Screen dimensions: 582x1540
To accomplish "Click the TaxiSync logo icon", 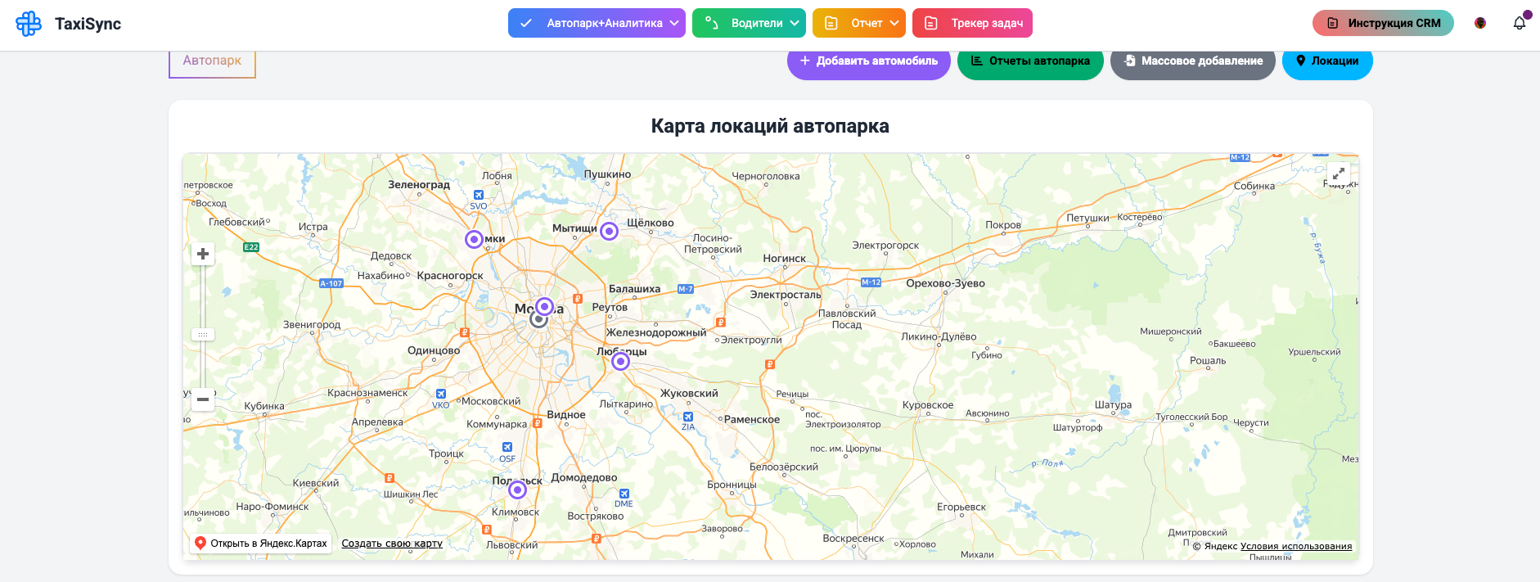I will [29, 24].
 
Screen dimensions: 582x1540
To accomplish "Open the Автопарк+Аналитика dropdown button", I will [597, 23].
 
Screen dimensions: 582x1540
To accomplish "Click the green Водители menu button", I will [749, 23].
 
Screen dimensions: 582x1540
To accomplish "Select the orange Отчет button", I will [858, 23].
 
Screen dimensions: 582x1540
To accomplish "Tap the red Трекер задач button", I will [972, 23].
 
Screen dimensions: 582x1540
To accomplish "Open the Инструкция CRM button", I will [1383, 23].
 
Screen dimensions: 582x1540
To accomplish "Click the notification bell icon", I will [1520, 23].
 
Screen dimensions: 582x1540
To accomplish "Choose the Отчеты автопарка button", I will [1030, 61].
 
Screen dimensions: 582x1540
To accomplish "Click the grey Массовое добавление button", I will [1192, 61].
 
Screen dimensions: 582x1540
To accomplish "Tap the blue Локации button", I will [1327, 61].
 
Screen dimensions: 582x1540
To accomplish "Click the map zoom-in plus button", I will [203, 254].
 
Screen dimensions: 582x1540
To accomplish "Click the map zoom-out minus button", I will [203, 399].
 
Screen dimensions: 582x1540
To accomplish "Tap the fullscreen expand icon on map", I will [1339, 174].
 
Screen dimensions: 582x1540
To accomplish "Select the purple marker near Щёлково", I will [609, 231].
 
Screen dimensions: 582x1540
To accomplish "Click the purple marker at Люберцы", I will [621, 361].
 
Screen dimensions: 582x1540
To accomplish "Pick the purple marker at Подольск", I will [517, 490].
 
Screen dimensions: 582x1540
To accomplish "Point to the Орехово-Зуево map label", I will [945, 283].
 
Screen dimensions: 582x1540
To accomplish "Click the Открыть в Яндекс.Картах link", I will [261, 544].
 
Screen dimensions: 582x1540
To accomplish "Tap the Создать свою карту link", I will [392, 544].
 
